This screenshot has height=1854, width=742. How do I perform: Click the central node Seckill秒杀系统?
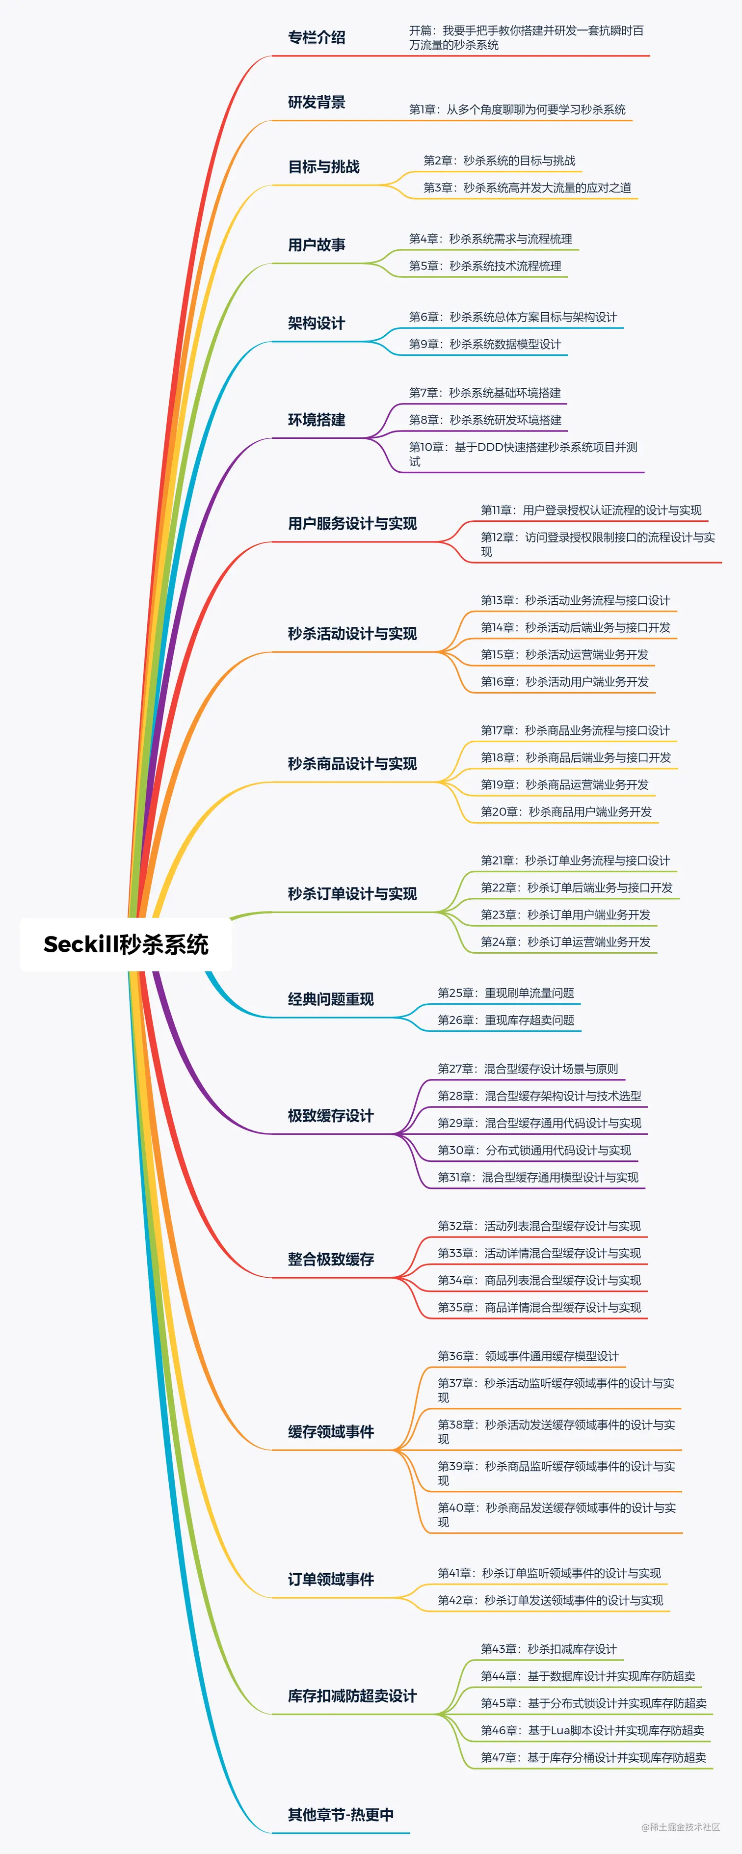(x=126, y=944)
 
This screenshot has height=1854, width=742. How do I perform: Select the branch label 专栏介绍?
(x=317, y=37)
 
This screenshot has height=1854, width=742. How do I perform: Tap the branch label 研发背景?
(x=317, y=102)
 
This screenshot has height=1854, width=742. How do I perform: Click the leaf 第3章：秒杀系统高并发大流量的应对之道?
(x=527, y=188)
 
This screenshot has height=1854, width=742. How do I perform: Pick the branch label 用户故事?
(x=317, y=245)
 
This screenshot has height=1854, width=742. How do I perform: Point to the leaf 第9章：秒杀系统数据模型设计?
(x=485, y=344)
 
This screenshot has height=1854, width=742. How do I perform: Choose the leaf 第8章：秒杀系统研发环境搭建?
(x=485, y=420)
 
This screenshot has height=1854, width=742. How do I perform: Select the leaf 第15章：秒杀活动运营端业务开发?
(x=564, y=654)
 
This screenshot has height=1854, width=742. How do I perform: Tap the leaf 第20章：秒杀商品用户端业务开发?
(x=566, y=812)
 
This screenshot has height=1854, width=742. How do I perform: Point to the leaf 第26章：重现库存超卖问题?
(x=506, y=1020)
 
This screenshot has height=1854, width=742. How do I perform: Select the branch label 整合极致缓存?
(x=331, y=1260)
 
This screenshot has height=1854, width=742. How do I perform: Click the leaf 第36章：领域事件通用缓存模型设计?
(x=528, y=1356)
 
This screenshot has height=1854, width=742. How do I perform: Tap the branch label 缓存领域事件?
(x=331, y=1431)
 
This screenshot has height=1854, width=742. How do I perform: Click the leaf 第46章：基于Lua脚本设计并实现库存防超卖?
(x=592, y=1730)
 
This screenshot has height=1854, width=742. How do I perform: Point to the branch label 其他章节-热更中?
(x=341, y=1814)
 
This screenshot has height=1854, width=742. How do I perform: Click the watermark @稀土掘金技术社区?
(x=680, y=1827)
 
